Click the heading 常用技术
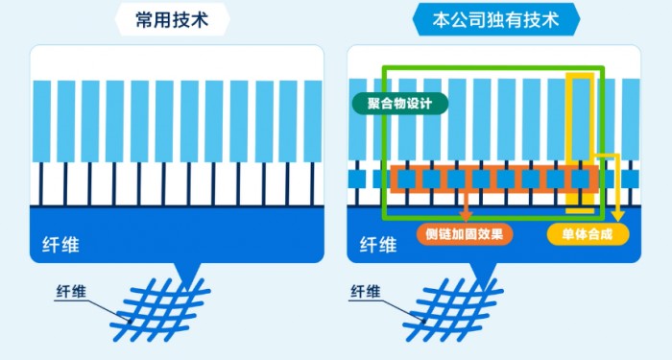pyautogui.click(x=176, y=19)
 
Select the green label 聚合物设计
pyautogui.click(x=399, y=102)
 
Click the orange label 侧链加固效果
pyautogui.click(x=465, y=232)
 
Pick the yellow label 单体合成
pyautogui.click(x=586, y=232)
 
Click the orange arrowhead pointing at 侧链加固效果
pyautogui.click(x=467, y=215)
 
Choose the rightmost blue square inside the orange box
pyautogui.click(x=580, y=179)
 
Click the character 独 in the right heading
pyautogui.click(x=498, y=19)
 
